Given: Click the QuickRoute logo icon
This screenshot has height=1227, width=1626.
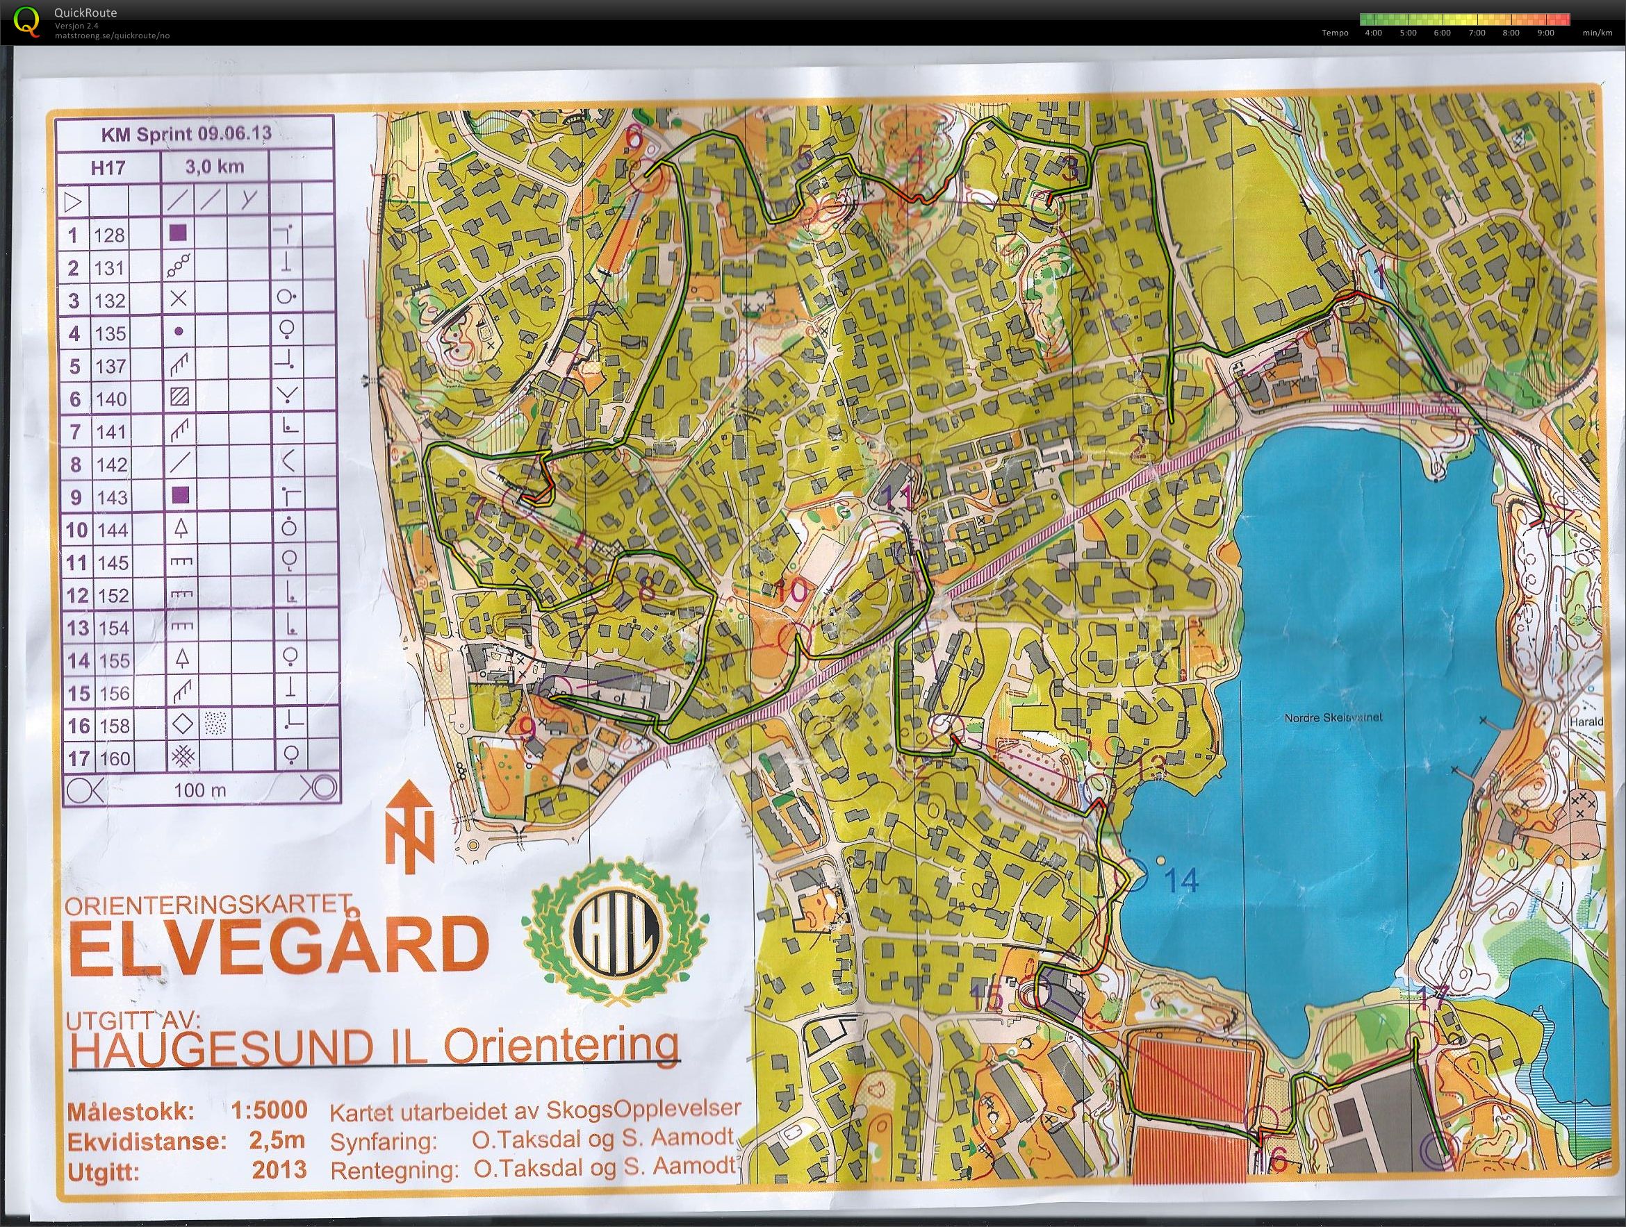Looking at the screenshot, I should [27, 20].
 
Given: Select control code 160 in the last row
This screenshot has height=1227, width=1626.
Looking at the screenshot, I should [113, 758].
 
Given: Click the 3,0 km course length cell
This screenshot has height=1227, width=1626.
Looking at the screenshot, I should [214, 167].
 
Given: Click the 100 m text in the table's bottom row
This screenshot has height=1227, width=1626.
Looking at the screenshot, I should [200, 790].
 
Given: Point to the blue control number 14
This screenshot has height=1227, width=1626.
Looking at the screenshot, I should [1181, 881].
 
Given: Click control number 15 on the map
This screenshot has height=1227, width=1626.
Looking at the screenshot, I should [986, 1001].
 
